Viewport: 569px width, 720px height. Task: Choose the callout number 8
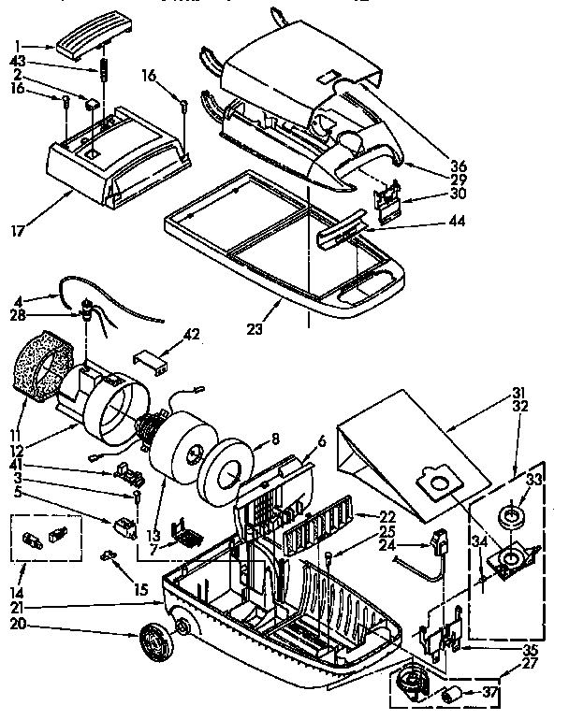coord(275,438)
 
